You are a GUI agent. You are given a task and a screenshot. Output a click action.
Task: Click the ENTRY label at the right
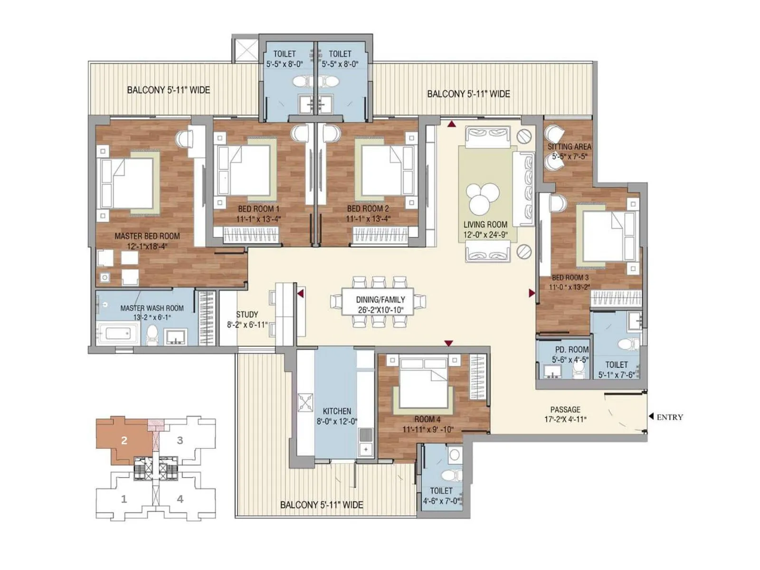pos(670,417)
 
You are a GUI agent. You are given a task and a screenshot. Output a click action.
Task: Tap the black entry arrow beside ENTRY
pos(651,417)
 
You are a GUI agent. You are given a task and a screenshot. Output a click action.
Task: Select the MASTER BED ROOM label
pos(147,236)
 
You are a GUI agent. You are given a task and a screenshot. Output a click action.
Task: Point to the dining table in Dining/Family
pos(378,302)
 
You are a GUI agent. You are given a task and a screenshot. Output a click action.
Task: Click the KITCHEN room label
pos(337,411)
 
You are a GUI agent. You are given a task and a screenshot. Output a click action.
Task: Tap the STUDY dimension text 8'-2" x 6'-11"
pos(247,325)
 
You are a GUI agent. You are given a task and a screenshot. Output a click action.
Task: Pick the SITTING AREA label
pos(569,147)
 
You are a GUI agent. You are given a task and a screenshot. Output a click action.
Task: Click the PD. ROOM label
pos(571,350)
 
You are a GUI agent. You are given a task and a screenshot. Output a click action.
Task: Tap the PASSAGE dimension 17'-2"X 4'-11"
pos(565,419)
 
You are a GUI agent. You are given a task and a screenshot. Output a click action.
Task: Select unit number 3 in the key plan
pos(180,440)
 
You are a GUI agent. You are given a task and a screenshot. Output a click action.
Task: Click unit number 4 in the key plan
pos(180,499)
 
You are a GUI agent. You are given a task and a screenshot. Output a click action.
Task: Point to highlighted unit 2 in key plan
pos(124,440)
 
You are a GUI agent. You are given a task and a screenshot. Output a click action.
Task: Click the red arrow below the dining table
pos(448,343)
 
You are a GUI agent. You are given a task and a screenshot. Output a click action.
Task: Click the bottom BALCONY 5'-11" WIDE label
pos(322,505)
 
